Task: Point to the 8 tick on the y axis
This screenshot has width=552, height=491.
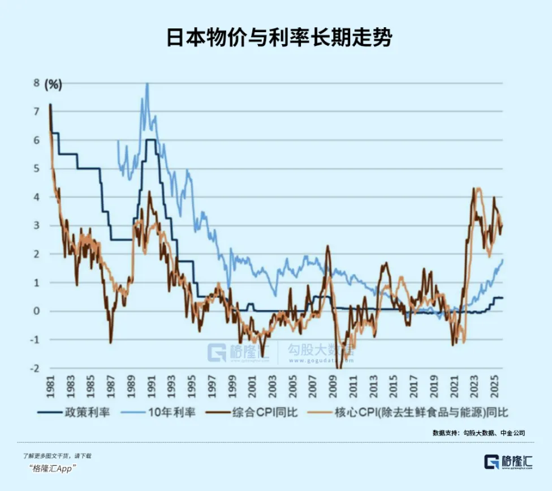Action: [x=37, y=83]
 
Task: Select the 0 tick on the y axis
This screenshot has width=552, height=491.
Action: [x=37, y=311]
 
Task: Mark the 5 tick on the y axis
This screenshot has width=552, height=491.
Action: [x=37, y=168]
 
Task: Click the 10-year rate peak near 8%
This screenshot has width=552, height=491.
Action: [x=147, y=84]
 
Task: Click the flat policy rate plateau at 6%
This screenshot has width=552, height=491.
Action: [x=150, y=139]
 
